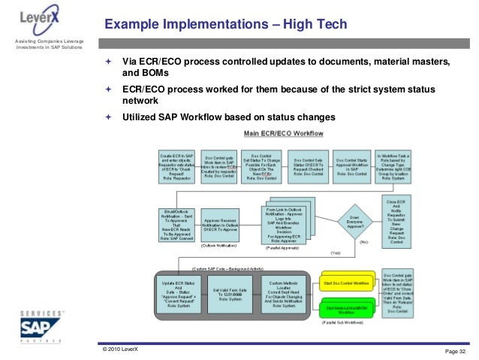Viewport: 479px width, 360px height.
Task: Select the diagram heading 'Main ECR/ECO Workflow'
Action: click(x=283, y=133)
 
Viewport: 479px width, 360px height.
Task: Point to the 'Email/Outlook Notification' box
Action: click(x=176, y=223)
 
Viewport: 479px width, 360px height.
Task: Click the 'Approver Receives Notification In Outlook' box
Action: click(x=223, y=223)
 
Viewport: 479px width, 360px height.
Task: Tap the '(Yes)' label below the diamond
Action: click(x=335, y=253)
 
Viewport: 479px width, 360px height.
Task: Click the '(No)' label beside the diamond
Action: click(x=363, y=243)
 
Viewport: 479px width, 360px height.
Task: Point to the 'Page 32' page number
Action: click(x=455, y=351)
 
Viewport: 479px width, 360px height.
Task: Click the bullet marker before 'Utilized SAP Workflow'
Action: click(x=108, y=117)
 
